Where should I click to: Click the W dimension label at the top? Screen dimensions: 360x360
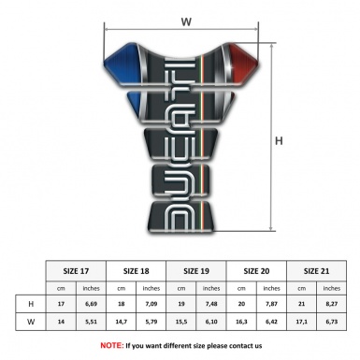pyautogui.click(x=186, y=19)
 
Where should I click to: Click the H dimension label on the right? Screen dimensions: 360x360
pyautogui.click(x=279, y=142)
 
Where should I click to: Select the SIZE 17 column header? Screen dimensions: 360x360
pyautogui.click(x=76, y=269)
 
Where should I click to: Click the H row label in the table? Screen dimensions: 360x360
pyautogui.click(x=33, y=304)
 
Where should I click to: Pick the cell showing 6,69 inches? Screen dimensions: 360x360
pyautogui.click(x=91, y=304)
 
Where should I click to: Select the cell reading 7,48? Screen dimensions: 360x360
pyautogui.click(x=211, y=304)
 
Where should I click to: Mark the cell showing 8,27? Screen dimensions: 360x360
pyautogui.click(x=332, y=304)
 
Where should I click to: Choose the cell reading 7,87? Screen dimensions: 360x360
pyautogui.click(x=271, y=304)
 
